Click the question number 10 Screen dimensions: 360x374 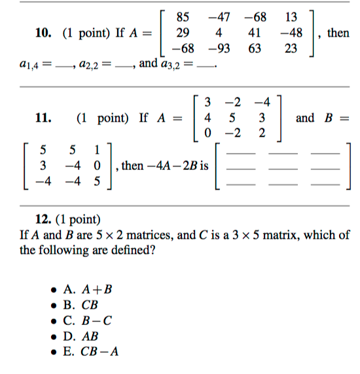(42, 33)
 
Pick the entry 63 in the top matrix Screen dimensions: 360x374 (255, 48)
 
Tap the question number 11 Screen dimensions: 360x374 (42, 118)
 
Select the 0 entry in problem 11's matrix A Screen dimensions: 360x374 (207, 134)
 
